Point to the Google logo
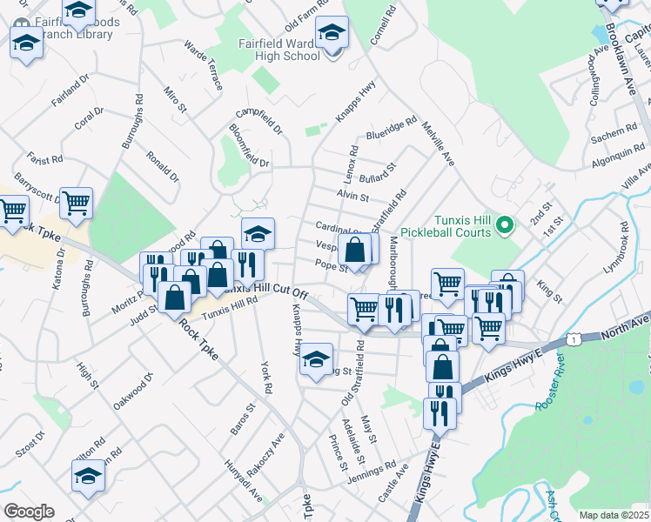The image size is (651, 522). tap(29, 511)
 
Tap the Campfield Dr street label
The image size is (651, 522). tap(259, 121)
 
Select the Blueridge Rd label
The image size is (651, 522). tap(392, 130)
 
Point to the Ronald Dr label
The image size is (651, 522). tap(163, 165)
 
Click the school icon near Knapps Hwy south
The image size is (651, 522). tap(316, 359)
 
